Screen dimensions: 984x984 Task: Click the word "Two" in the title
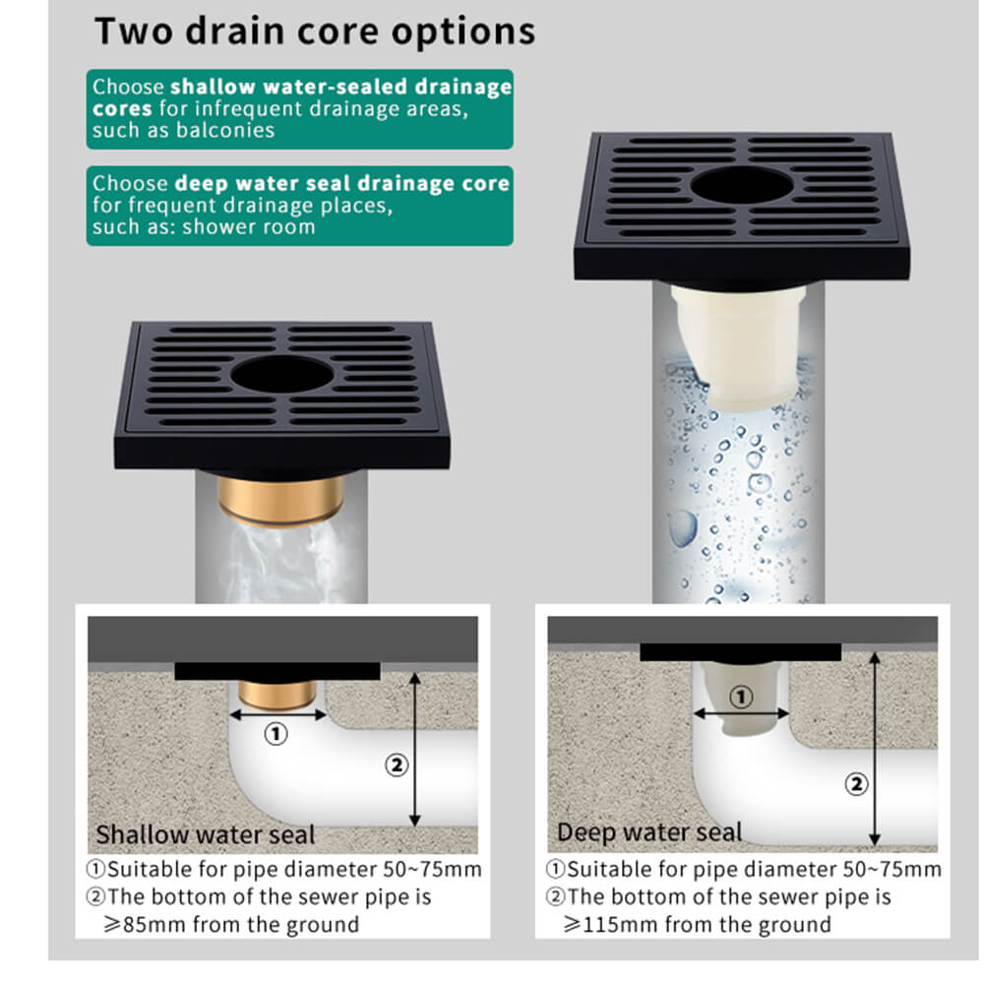point(134,31)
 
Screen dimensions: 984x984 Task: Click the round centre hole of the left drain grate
point(281,375)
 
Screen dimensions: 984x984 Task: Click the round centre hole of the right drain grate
point(742,185)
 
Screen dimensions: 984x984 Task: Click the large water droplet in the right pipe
point(683,527)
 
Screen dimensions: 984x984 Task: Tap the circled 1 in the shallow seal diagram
point(276,733)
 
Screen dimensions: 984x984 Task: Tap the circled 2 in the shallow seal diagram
point(397,765)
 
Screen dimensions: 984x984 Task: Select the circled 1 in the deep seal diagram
point(741,697)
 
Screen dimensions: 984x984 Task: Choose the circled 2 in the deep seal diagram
point(857,784)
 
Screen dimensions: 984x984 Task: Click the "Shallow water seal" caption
point(206,834)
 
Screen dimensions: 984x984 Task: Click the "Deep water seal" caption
point(649,832)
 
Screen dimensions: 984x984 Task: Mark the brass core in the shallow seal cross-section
point(277,694)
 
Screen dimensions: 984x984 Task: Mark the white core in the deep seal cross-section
point(742,699)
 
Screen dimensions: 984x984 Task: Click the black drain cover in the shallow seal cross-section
point(277,671)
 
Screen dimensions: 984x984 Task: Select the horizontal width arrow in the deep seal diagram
point(741,713)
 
